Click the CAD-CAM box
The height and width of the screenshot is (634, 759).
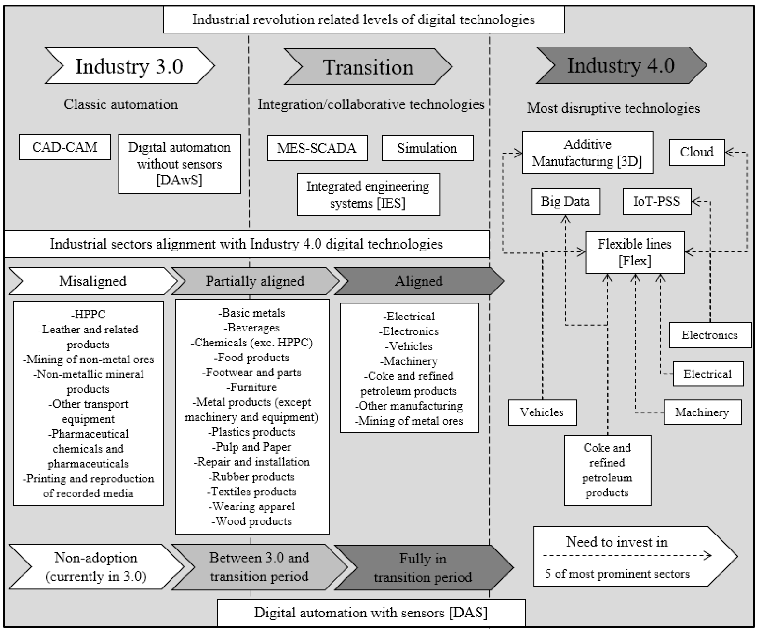[65, 147]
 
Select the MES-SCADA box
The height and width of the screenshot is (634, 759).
[317, 148]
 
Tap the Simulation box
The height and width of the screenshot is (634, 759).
[427, 148]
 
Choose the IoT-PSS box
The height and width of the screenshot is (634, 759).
[656, 201]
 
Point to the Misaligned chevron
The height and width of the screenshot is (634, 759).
[93, 281]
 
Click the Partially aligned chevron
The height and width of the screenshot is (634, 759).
[255, 281]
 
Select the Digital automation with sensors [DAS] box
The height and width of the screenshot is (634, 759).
[371, 613]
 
